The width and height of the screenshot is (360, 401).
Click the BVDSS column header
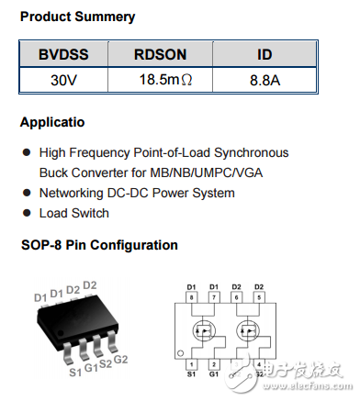63,55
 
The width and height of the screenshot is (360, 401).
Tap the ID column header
264,55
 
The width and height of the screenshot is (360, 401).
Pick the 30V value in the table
63,80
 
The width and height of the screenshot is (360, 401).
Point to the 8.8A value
264,80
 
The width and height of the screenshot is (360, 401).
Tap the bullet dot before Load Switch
26,213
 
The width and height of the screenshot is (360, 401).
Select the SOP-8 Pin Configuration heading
99,245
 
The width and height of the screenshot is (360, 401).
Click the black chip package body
74,325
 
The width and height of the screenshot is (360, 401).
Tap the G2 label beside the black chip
119,359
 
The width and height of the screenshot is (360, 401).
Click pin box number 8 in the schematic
192,298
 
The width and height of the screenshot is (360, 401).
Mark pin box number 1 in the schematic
192,364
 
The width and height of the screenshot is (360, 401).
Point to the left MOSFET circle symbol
204,331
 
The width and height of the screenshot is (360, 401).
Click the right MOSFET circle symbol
246,331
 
